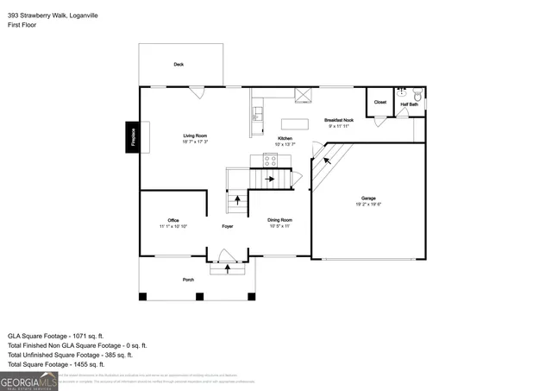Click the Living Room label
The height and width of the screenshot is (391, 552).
194,136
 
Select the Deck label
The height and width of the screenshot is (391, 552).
179,65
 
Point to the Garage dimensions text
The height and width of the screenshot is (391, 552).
368,205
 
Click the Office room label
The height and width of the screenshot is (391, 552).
172,220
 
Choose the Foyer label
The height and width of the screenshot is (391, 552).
227,226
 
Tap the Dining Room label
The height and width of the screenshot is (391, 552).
280,220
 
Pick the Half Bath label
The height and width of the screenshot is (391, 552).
408,104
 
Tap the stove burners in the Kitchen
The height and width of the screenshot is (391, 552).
270,159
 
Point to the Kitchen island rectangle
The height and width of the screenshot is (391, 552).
295,123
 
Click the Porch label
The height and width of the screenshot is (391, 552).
188,280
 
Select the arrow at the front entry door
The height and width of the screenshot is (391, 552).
228,268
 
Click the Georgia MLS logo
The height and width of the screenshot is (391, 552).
29,381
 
